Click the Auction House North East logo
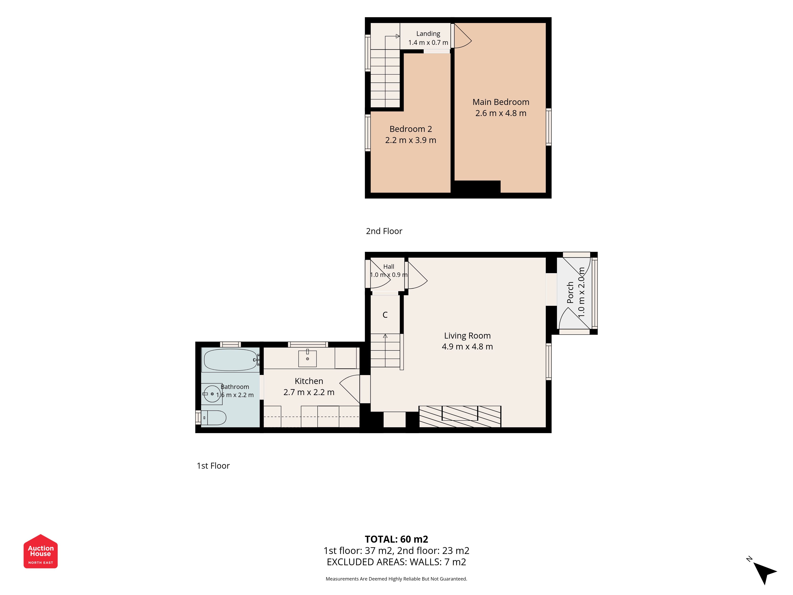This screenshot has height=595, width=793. [x=40, y=551]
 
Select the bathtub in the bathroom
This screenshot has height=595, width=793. [x=231, y=360]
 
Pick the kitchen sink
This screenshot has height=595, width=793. [x=308, y=359]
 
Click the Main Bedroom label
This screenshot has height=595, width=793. [x=501, y=102]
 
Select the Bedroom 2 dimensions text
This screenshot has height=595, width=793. [x=411, y=140]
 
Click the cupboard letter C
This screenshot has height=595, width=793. [x=385, y=315]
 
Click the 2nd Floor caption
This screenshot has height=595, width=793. [x=384, y=231]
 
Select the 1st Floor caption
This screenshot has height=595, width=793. [x=213, y=466]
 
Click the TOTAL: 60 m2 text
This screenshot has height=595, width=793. [x=396, y=539]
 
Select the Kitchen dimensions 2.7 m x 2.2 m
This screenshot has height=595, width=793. [x=309, y=392]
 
